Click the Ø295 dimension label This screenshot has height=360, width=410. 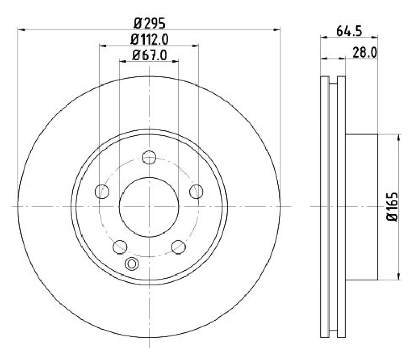pos(150,23)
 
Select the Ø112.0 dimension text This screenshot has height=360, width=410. pos(150,39)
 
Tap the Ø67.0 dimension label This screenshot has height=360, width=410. pos(150,55)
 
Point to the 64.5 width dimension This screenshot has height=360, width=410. pos(349,31)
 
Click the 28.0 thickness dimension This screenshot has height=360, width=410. pos(365,53)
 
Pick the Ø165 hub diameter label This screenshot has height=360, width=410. pos(393,207)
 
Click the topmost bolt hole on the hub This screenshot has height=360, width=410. pos(149,157)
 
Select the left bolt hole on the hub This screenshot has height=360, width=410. pos(102,192)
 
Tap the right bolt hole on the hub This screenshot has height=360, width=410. pos(196,192)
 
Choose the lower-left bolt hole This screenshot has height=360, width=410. pos(120,247)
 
